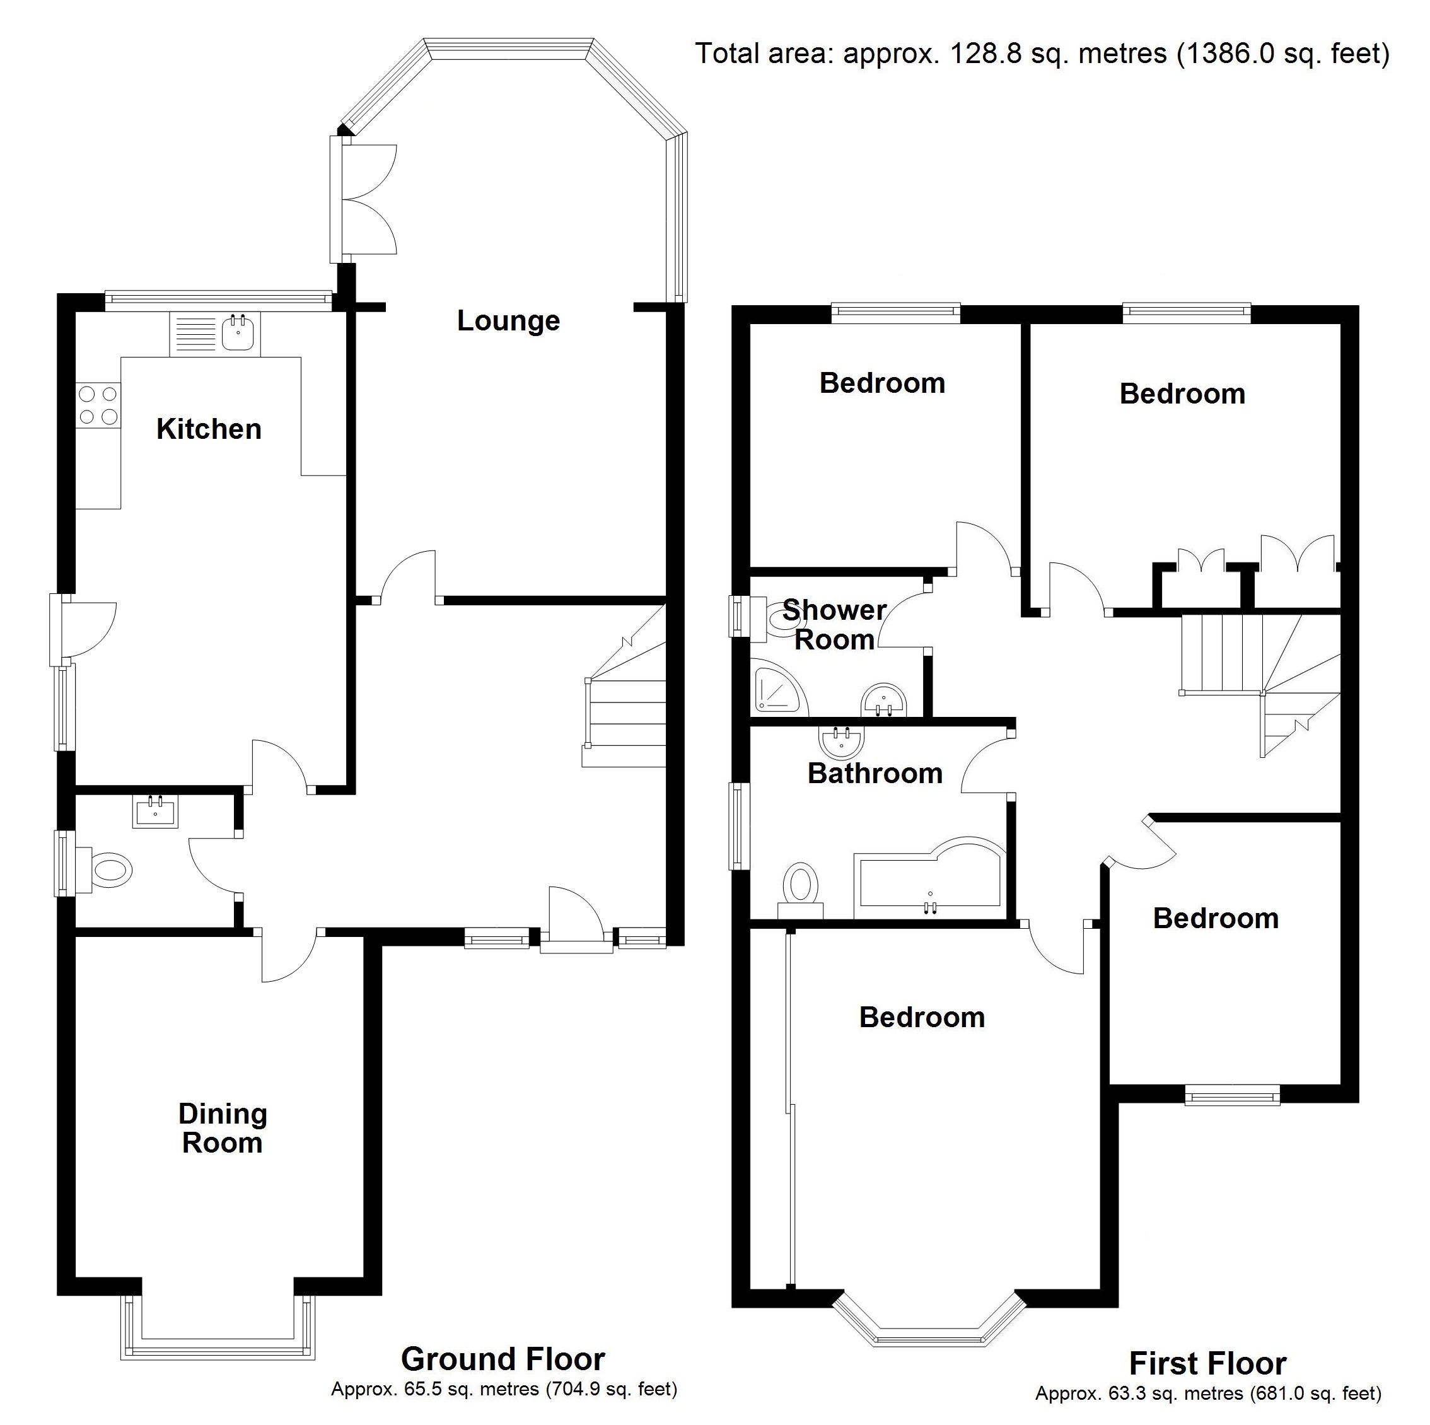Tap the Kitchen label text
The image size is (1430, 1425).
click(209, 429)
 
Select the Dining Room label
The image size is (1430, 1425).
click(222, 1128)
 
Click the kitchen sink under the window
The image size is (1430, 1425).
click(239, 333)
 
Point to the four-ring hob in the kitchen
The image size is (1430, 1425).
click(98, 405)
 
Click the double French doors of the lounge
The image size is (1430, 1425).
click(368, 200)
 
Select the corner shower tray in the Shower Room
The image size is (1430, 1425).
click(775, 689)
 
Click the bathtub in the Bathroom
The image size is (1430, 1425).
click(929, 881)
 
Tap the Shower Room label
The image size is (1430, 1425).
click(834, 625)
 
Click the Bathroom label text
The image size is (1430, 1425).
click(875, 774)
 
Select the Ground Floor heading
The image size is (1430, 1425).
click(503, 1359)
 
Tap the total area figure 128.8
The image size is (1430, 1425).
click(974, 54)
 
